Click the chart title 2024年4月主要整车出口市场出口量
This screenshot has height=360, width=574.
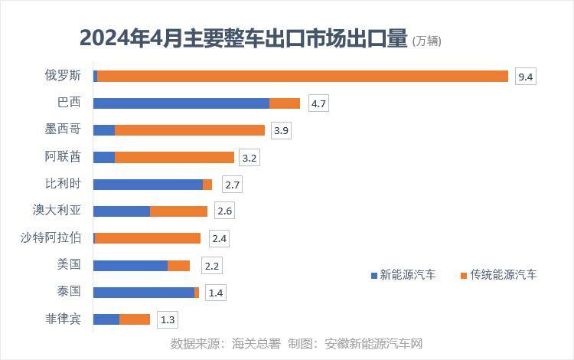pos(243,38)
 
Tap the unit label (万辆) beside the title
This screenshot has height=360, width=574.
pos(427,41)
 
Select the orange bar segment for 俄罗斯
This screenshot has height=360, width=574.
pos(302,76)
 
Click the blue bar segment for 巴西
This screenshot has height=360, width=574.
pos(181,103)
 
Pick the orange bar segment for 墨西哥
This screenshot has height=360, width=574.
pos(190,130)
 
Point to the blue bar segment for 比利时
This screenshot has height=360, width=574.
pos(148,185)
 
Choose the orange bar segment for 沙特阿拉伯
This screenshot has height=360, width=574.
pos(148,238)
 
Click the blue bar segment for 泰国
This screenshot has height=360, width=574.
pos(144,293)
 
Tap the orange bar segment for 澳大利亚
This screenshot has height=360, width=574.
pos(178,211)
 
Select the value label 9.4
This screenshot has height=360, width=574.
pos(525,77)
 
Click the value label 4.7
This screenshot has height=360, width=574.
pos(318,103)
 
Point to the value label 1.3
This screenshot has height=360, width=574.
pos(167,319)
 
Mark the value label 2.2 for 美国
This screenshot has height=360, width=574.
pos(212,266)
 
